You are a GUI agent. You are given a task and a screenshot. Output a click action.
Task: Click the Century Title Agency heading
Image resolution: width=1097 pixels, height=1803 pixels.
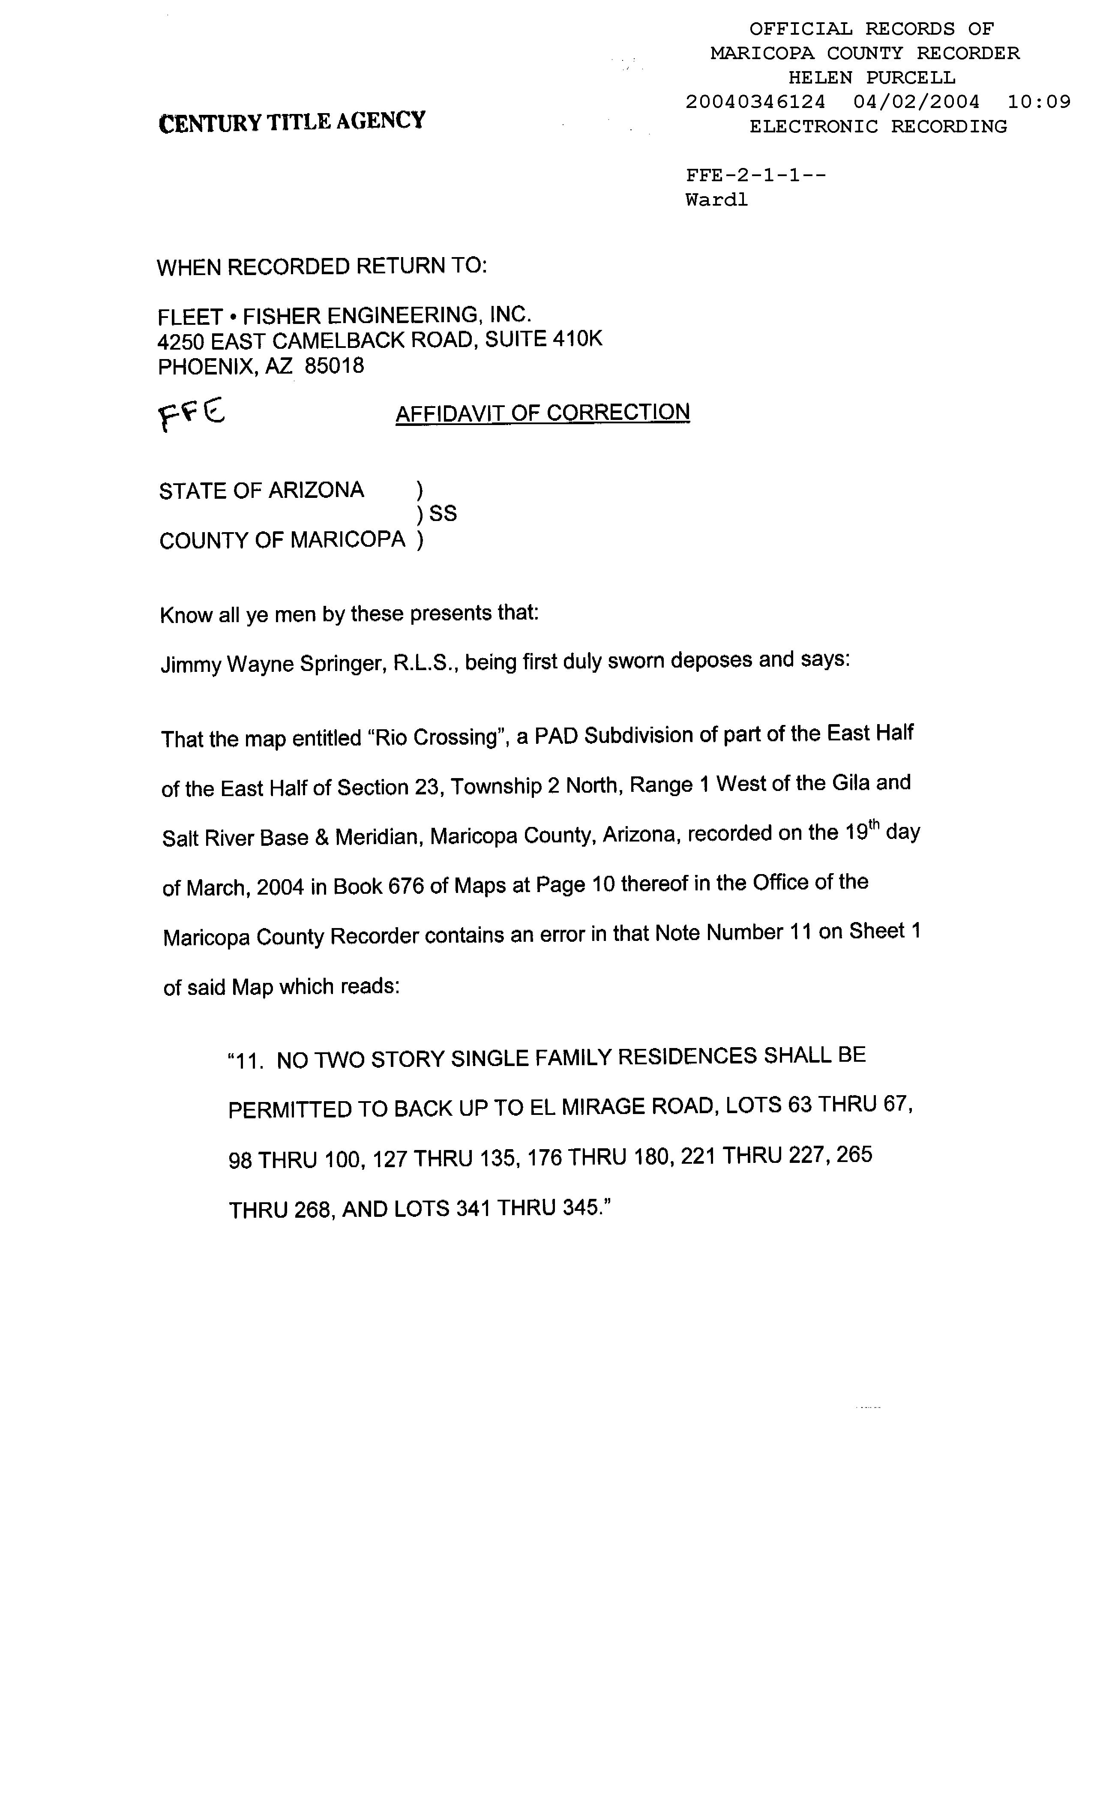[291, 121]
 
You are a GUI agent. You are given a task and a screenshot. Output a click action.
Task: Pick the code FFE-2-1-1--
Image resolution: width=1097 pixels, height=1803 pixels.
[755, 176]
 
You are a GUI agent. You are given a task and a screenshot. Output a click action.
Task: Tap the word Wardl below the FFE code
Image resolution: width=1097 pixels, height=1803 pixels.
[716, 200]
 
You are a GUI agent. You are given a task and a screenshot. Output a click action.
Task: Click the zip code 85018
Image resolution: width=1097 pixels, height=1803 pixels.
[334, 365]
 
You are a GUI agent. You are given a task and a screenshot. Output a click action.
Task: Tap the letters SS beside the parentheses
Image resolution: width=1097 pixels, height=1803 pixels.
[443, 514]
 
